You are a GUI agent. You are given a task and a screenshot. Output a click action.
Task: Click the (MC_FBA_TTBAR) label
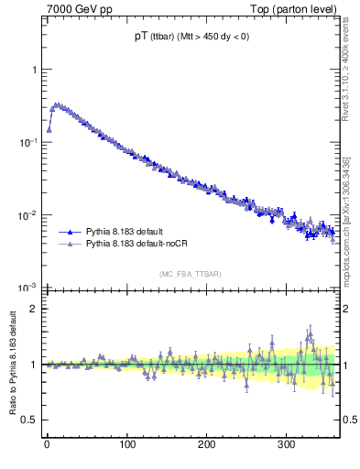[x=191, y=275]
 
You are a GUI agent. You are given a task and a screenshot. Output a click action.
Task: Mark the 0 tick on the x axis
[x=47, y=444]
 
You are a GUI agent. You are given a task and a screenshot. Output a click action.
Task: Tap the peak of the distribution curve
[x=56, y=104]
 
